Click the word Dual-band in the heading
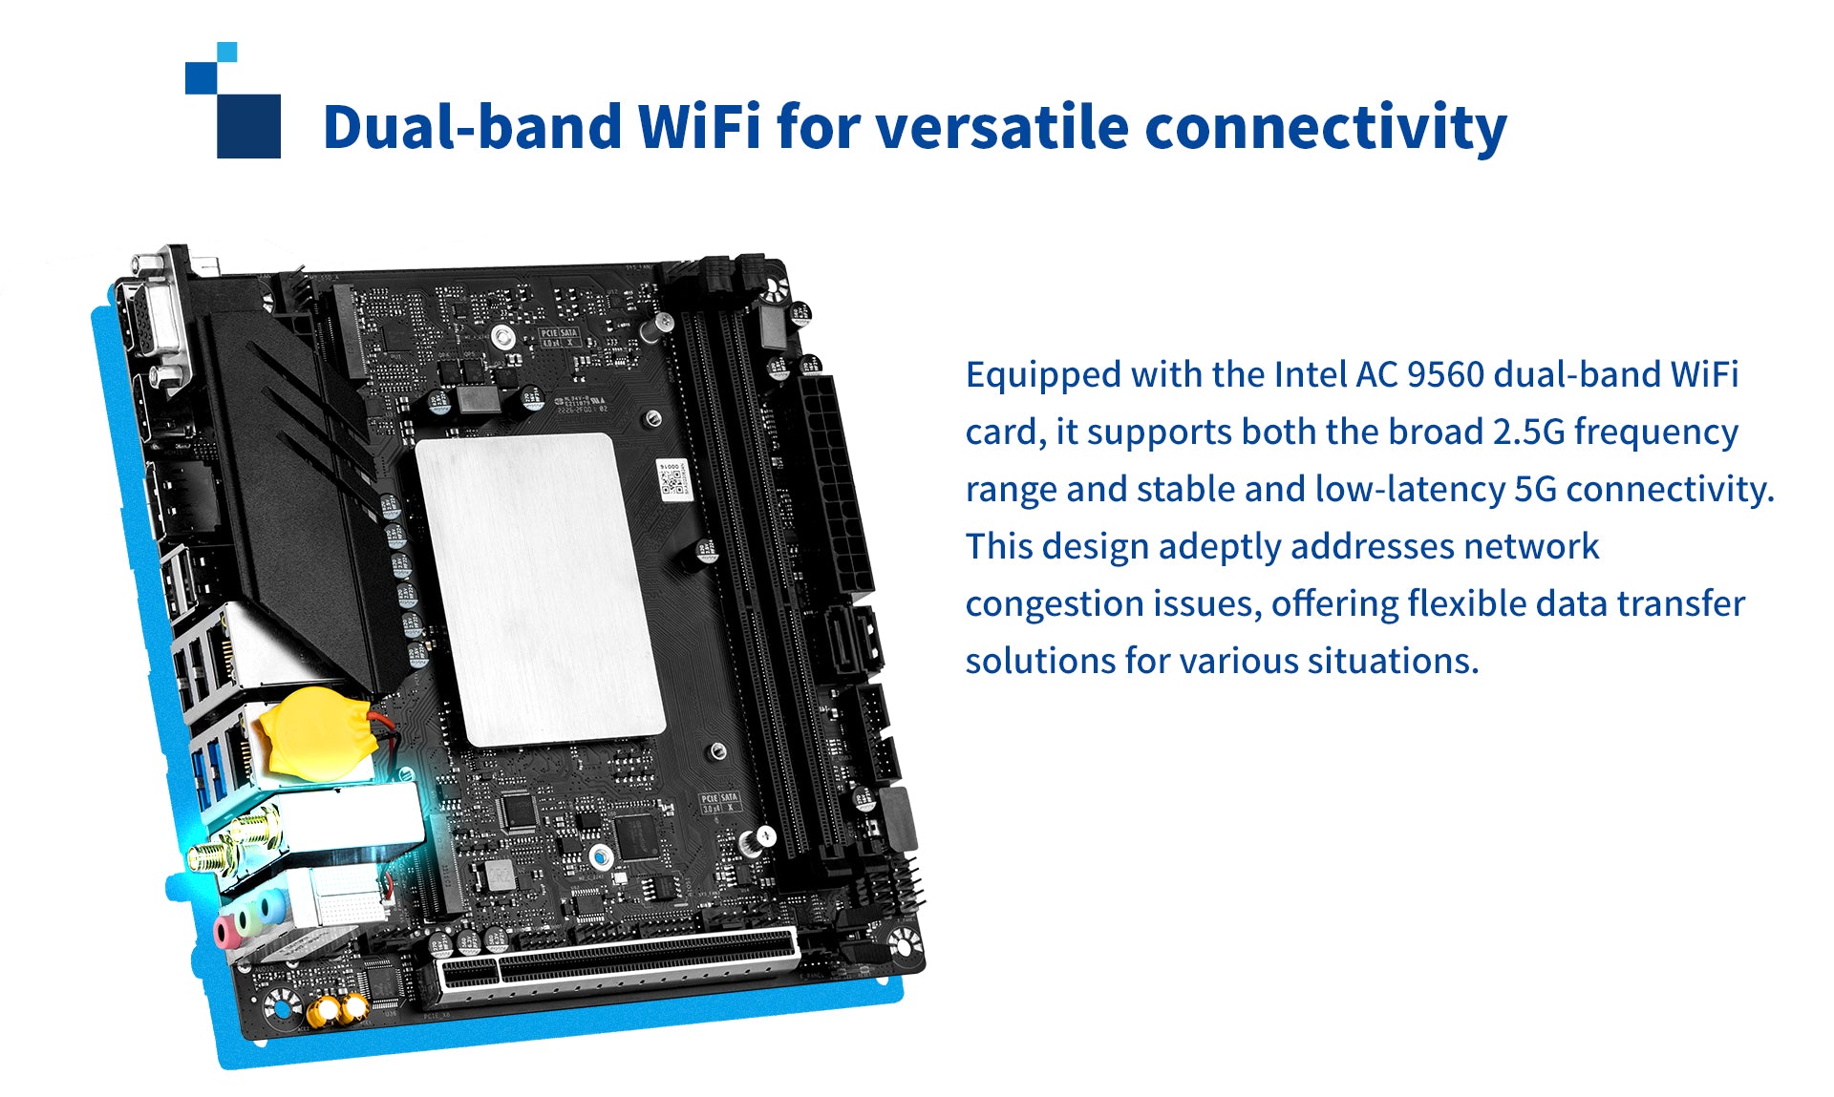pos(473,126)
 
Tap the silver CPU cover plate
pos(540,588)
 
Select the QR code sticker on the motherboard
pos(674,479)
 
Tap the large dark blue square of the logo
pos(248,126)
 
